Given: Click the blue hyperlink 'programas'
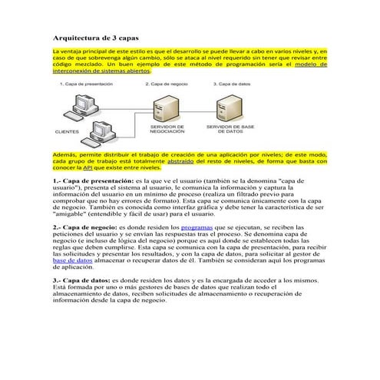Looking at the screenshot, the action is click(197, 228).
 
